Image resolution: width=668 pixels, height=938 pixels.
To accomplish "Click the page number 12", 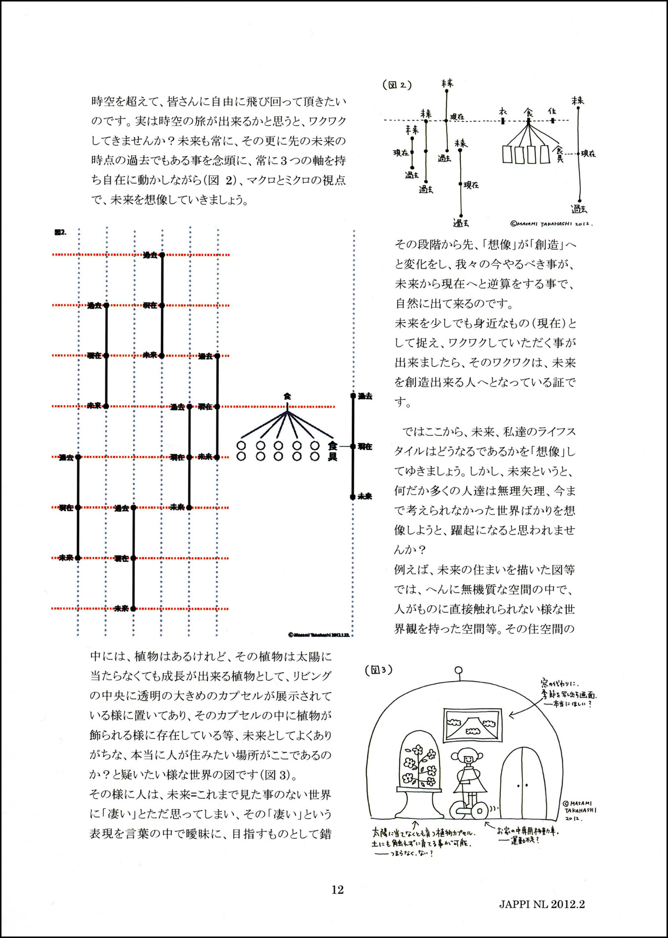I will pos(337,890).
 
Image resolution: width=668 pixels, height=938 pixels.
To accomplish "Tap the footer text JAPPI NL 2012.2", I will pos(542,904).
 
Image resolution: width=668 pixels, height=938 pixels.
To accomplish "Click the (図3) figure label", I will pos(379,670).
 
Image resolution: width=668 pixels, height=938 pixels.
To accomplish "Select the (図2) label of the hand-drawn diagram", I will pos(397,85).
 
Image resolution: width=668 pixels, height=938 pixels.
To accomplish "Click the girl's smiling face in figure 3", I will pos(466,757).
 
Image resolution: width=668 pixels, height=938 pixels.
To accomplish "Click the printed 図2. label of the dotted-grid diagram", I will pos(60,232).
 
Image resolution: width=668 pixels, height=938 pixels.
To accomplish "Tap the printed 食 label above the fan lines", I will pos(287,396).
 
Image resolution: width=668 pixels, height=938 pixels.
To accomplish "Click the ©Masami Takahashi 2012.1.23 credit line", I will pos(318,634).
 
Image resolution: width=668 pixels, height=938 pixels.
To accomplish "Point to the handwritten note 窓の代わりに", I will pos(559,684).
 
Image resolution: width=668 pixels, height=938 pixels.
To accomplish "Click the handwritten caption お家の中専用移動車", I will pos(527,831).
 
